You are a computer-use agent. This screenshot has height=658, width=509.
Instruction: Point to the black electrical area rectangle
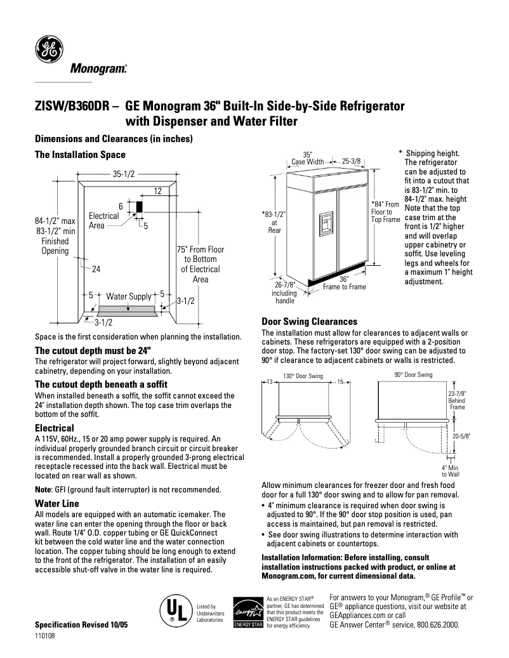click(x=138, y=207)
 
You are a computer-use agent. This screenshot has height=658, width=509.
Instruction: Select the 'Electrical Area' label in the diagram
click(x=103, y=220)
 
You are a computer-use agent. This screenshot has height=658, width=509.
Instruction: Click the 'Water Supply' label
click(x=128, y=296)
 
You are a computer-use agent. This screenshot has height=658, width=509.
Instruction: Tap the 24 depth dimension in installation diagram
click(x=96, y=269)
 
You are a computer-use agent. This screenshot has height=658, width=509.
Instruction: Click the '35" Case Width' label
click(x=307, y=158)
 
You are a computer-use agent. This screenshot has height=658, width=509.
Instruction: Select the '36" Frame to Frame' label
click(x=344, y=282)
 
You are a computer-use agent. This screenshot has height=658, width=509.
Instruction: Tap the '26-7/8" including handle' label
click(x=284, y=293)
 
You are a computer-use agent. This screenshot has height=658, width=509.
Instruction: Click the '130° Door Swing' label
click(x=303, y=376)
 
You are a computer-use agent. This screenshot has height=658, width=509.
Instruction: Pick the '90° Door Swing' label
click(x=413, y=375)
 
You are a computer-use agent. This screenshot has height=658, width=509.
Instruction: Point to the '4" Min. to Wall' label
click(x=451, y=470)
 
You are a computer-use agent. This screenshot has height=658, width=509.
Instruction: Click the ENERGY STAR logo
click(x=248, y=613)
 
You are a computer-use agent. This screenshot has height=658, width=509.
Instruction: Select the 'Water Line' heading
click(x=56, y=503)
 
